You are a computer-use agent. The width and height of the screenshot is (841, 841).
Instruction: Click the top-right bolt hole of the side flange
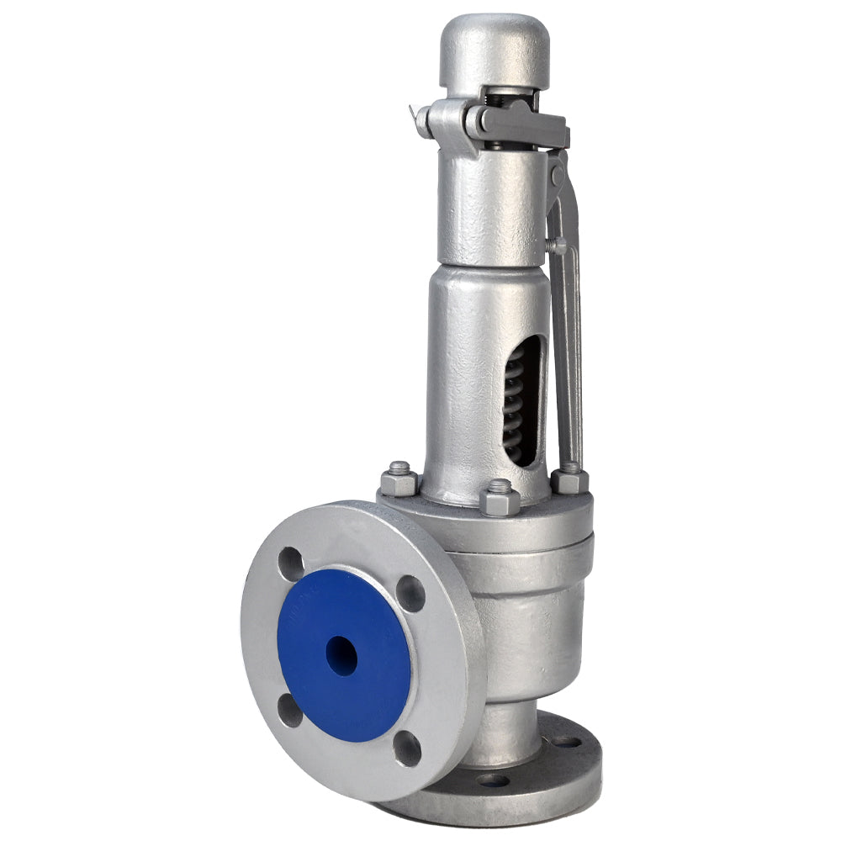click(411, 594)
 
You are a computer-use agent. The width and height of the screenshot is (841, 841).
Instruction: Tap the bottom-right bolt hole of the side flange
click(408, 746)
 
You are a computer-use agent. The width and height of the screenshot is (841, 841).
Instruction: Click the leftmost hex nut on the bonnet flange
click(399, 480)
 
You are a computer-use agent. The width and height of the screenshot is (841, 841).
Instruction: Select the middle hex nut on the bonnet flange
click(500, 498)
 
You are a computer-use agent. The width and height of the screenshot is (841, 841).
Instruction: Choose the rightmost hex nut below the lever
click(570, 479)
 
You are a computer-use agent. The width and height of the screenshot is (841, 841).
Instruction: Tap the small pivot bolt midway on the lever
click(557, 246)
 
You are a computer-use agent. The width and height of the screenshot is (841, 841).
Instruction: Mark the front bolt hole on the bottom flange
click(494, 780)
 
